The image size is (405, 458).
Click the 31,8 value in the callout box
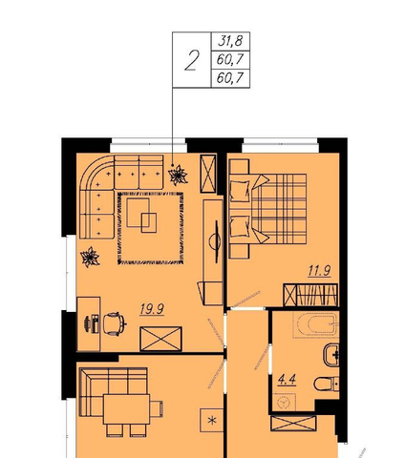tap(230, 41)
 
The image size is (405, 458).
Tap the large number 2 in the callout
tap(192, 60)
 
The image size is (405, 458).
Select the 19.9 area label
tap(152, 309)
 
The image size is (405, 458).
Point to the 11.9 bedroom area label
tap(319, 271)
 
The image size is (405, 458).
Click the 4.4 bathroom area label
tap(287, 380)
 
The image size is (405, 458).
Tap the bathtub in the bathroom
tap(315, 324)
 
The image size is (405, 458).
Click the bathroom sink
tap(331, 355)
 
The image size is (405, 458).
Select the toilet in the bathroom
tap(327, 385)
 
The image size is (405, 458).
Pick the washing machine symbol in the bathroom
tap(284, 403)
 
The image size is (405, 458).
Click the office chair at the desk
tap(115, 323)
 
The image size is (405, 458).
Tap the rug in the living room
tap(150, 228)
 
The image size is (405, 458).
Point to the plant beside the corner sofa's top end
tap(178, 176)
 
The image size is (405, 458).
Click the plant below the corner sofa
tap(90, 257)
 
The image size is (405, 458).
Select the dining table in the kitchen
tap(126, 409)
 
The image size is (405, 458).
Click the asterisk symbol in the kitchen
tap(211, 421)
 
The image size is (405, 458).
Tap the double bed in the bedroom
tap(268, 209)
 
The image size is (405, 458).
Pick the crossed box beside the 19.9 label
tap(161, 339)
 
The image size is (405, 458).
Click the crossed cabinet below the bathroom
tap(293, 424)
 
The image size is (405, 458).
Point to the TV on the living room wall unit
tap(216, 241)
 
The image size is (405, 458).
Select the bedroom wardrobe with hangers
tap(310, 295)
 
